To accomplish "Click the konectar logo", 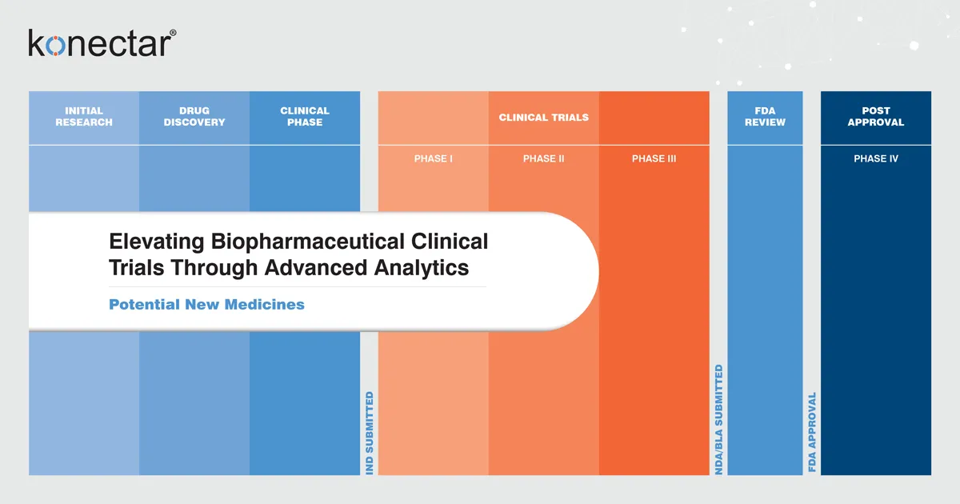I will point(98,44).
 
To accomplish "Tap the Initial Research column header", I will point(84,117).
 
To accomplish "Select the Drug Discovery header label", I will point(194,117).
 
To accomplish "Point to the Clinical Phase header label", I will point(305,117).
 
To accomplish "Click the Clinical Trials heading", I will point(543,118).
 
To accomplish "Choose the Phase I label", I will point(434,158).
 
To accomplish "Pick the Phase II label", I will point(543,158).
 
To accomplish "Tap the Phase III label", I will point(654,158).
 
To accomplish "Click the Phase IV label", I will point(876,158).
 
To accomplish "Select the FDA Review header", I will point(765,117).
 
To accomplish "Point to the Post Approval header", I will point(876,117).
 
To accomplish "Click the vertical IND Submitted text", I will point(370,433).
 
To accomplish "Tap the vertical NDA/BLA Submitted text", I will point(719,420).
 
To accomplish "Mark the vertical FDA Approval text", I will point(812,432).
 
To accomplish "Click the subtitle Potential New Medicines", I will point(206,305).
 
